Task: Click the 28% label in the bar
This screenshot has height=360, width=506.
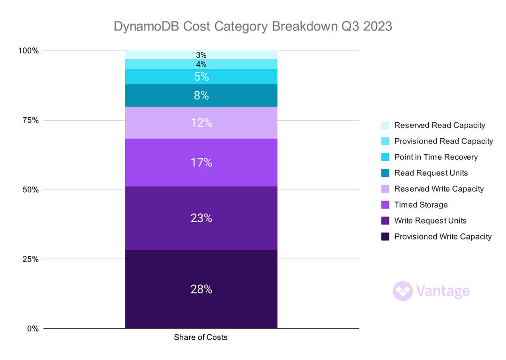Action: tap(201, 290)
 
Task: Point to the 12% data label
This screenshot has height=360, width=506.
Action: tap(201, 123)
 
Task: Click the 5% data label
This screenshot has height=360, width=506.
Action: tap(201, 76)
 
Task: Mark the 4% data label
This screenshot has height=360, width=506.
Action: tap(201, 64)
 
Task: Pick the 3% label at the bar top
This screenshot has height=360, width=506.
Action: tap(201, 55)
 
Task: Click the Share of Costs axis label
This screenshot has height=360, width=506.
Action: tap(201, 337)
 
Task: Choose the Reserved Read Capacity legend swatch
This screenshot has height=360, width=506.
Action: tap(385, 125)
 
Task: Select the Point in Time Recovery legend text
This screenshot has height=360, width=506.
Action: tap(436, 157)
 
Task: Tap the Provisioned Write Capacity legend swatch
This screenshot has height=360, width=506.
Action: tap(385, 237)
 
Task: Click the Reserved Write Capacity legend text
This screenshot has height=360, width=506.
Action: tap(439, 189)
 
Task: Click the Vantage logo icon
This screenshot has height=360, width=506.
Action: tap(402, 291)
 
